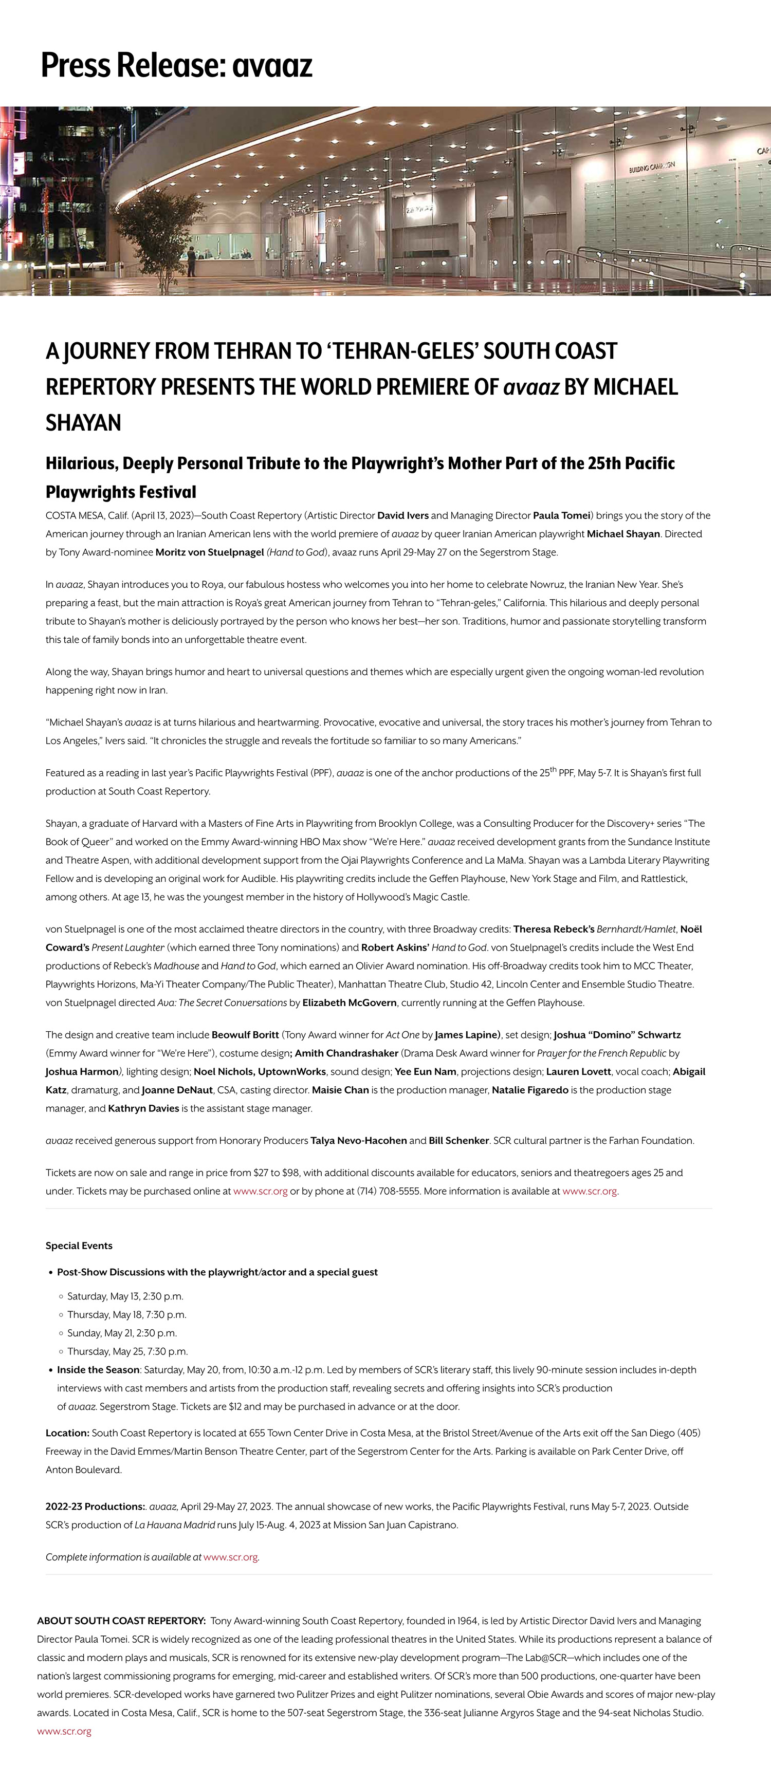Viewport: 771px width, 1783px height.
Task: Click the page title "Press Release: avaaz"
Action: pyautogui.click(x=176, y=65)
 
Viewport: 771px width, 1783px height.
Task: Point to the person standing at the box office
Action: pyautogui.click(x=192, y=263)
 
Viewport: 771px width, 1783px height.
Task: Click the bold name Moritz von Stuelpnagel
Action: pyautogui.click(x=210, y=552)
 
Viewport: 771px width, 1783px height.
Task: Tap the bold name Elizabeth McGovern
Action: pyautogui.click(x=350, y=1003)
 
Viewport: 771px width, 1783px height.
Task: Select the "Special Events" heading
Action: pyautogui.click(x=79, y=1246)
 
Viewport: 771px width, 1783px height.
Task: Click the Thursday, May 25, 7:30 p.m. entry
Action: pyautogui.click(x=127, y=1351)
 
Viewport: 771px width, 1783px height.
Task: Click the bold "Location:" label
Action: pyautogui.click(x=68, y=1433)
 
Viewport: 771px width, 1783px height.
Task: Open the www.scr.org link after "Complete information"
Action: pyautogui.click(x=230, y=1557)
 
